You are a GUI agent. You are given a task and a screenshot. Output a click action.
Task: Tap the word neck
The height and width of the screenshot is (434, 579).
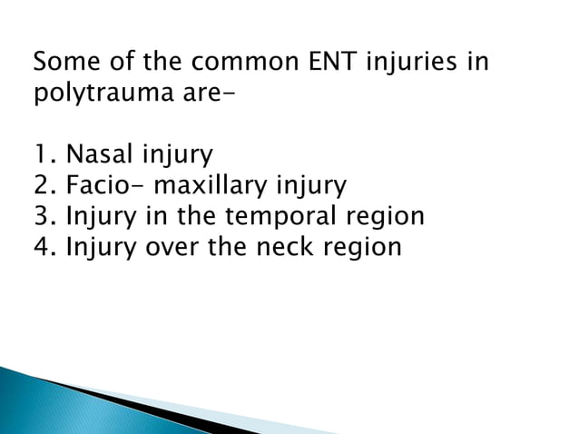coord(282,246)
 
